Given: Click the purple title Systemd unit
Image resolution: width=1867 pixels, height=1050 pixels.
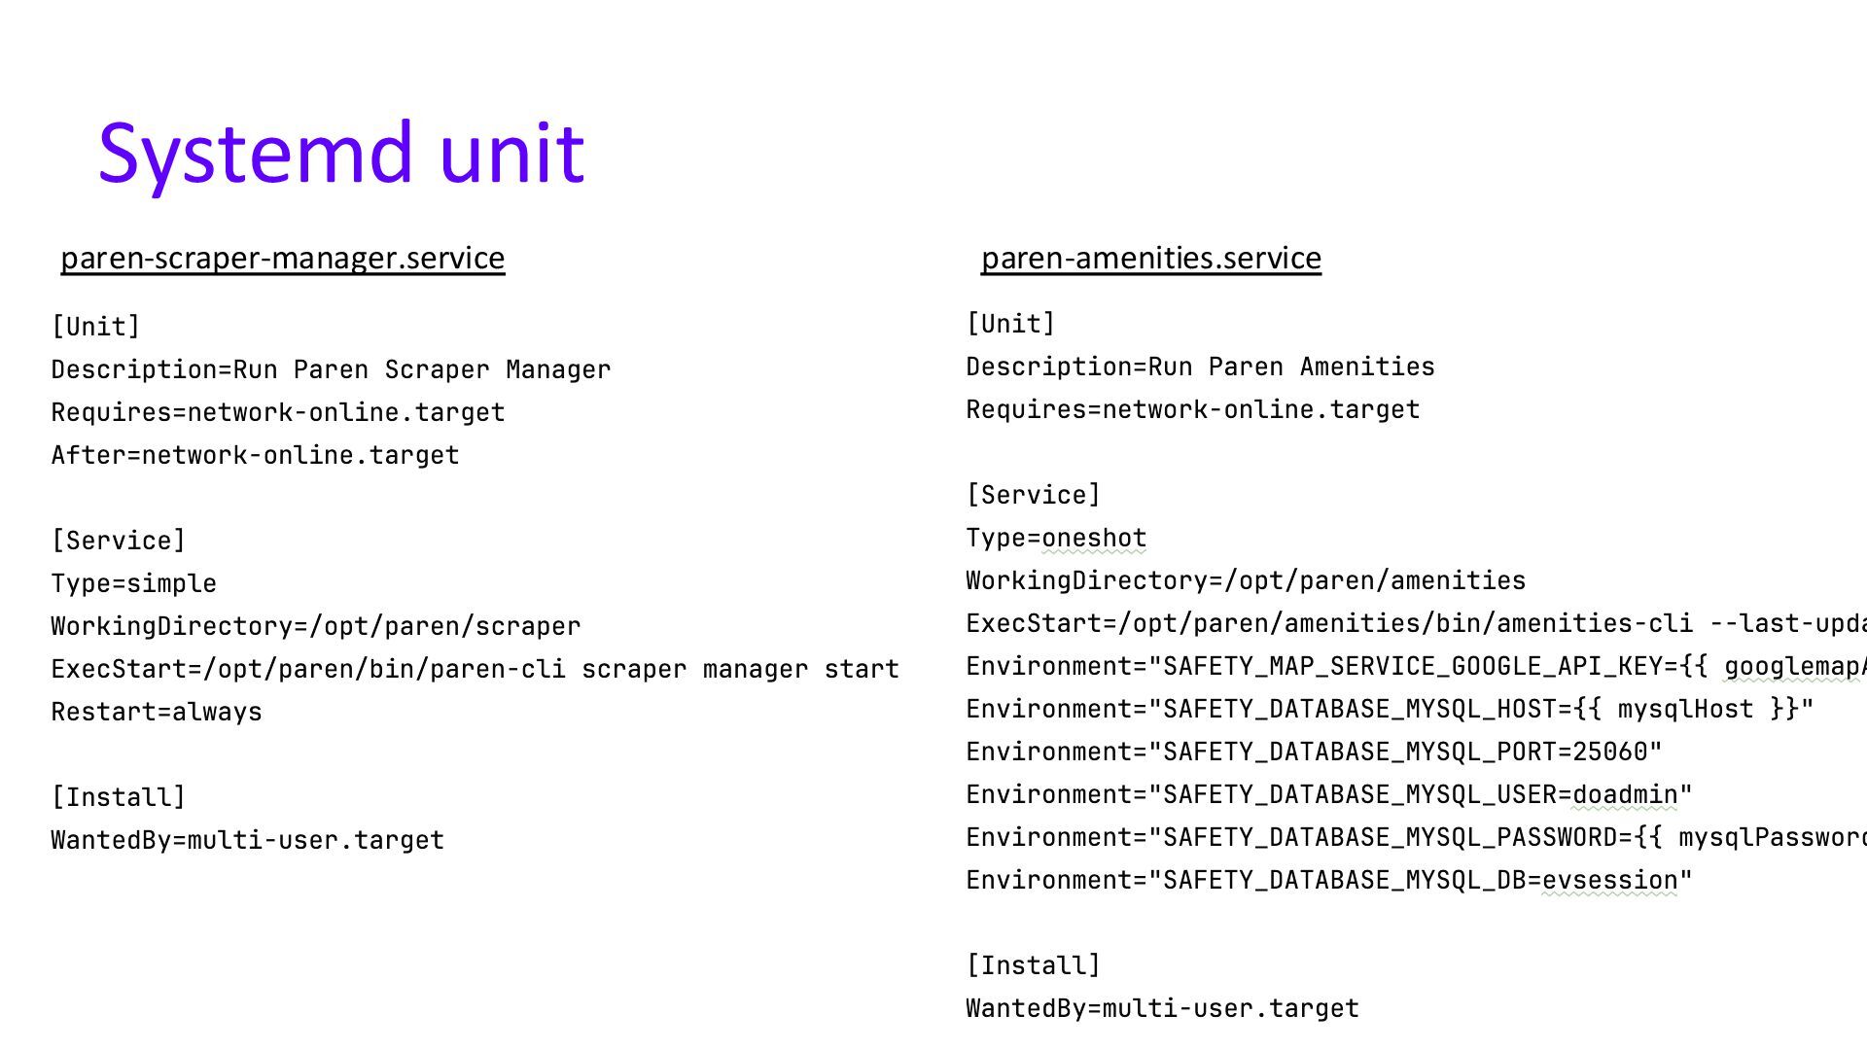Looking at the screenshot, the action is [341, 153].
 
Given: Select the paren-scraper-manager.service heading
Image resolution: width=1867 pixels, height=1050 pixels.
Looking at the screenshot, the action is [283, 258].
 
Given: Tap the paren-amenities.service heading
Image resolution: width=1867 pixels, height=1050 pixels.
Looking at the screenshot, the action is [1150, 258].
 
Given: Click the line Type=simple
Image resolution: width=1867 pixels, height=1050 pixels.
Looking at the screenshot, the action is [134, 583].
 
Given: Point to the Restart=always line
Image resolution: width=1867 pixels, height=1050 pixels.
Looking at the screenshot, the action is [157, 712].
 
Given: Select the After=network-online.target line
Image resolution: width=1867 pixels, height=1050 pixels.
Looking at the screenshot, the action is [255, 455].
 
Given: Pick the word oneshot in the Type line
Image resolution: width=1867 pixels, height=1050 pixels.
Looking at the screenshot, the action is [1094, 538].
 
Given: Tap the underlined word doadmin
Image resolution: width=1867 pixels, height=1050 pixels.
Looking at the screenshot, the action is [1625, 794].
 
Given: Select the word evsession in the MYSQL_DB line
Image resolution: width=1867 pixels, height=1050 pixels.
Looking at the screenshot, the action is [1609, 880].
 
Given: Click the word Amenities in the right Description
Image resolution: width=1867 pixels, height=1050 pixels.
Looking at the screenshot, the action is [1367, 367].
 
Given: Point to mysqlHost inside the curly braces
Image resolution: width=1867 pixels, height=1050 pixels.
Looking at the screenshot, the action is [1685, 709].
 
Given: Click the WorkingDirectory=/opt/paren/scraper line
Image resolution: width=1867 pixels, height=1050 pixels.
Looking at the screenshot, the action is [316, 626].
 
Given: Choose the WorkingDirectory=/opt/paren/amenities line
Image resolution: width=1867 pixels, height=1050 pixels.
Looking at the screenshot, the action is [1246, 580].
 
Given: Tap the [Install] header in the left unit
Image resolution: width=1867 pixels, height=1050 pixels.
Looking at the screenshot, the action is [118, 797].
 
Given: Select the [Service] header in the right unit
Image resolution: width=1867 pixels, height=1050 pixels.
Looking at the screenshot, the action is [1033, 495].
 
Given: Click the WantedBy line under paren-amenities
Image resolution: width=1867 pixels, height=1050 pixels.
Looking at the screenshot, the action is [1162, 1008].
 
